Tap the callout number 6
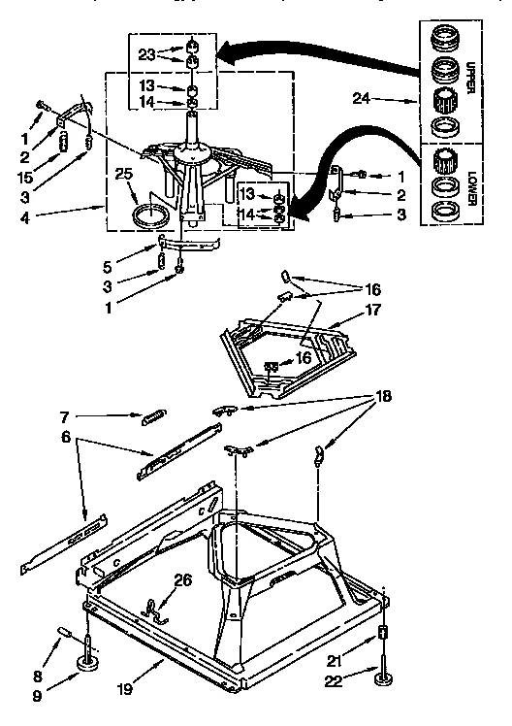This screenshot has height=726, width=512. coord(66,439)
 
